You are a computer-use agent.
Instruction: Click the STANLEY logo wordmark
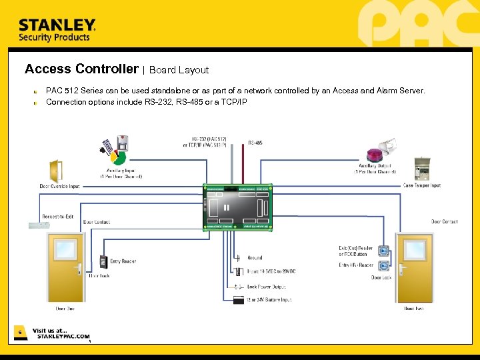pos(57,25)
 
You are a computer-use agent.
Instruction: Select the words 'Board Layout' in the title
pos(179,69)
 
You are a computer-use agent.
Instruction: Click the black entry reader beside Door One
pos(104,263)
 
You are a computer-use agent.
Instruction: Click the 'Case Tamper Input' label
pos(422,185)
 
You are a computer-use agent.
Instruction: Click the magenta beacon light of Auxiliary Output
pos(376,155)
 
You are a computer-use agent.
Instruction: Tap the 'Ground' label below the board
pos(255,257)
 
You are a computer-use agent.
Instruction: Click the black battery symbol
pos(239,299)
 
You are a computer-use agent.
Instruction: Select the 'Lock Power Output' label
pos(266,287)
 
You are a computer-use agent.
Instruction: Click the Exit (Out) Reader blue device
pos(383,251)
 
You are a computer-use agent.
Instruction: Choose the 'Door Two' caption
pos(413,309)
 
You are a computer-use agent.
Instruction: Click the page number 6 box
pos(20,331)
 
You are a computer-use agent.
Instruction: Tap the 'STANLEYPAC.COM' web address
pos(63,337)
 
